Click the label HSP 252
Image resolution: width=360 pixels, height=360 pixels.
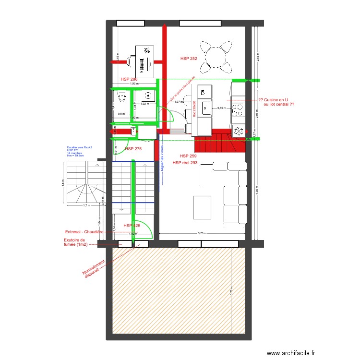tap(189, 59)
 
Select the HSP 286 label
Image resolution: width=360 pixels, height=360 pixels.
tap(129, 79)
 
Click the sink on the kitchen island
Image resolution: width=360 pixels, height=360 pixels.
tap(207, 108)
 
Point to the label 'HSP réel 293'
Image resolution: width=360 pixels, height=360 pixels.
tap(185, 163)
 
